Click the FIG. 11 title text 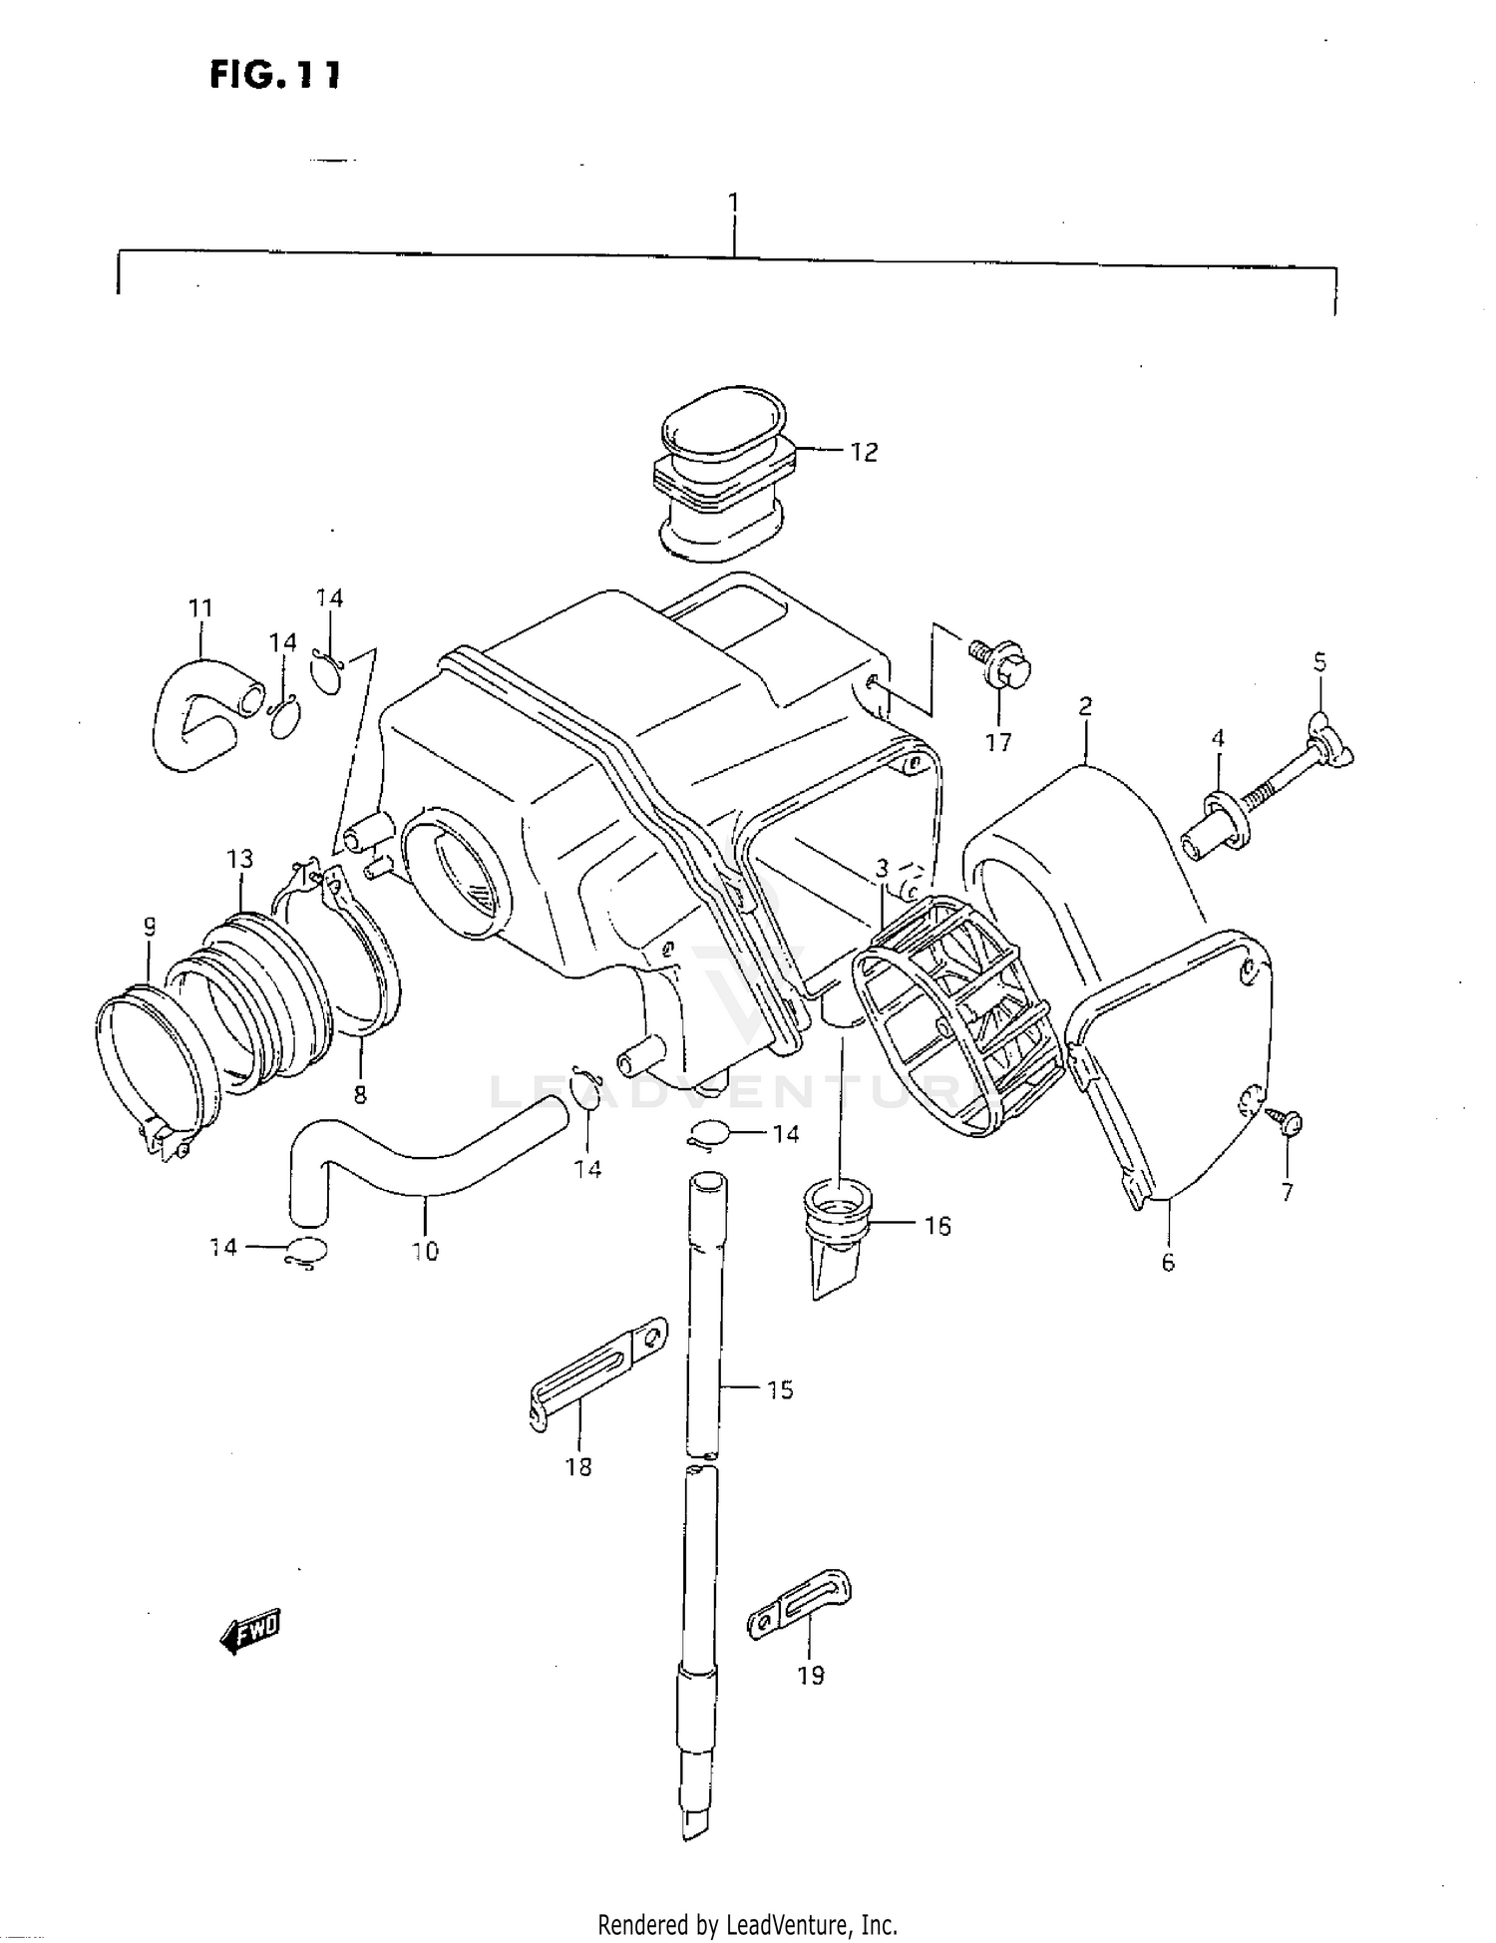(x=275, y=75)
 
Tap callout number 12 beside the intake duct (x=863, y=452)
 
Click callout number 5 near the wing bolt (x=1319, y=662)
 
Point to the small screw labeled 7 (x=1290, y=1123)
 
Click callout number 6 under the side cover (x=1168, y=1262)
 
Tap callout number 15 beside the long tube (x=780, y=1389)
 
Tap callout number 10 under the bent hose (x=425, y=1251)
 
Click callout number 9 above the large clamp (x=149, y=928)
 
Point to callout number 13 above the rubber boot (x=239, y=859)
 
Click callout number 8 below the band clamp (x=360, y=1095)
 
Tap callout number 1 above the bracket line (x=734, y=202)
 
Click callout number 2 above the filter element (x=1085, y=706)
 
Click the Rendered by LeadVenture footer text (x=747, y=1924)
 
